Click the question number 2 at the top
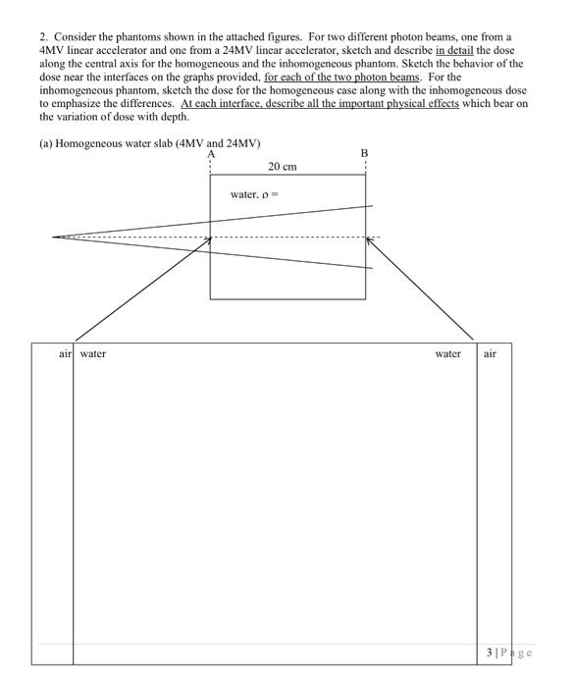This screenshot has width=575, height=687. coord(42,36)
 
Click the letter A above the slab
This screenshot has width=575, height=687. coord(210,153)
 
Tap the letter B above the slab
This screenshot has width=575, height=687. coord(364,153)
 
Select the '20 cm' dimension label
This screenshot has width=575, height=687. coord(283,167)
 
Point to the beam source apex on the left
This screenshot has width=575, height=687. coord(53,237)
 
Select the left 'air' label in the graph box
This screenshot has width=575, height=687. coord(65,353)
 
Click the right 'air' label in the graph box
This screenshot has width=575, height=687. coord(490,353)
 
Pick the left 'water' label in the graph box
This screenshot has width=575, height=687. coord(93,353)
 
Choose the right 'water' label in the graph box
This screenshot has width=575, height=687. coord(447,353)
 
